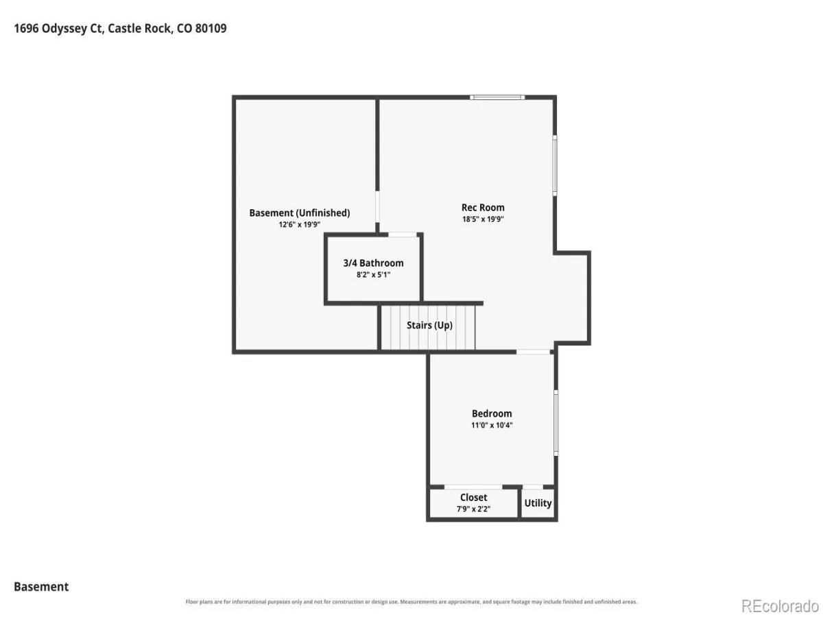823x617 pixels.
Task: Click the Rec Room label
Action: [x=483, y=208]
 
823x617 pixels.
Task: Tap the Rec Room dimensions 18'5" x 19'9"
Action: [x=483, y=219]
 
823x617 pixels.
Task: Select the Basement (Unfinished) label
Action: [x=300, y=213]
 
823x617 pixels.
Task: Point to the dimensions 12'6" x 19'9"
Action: [x=299, y=224]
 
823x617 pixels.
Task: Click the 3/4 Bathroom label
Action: [x=374, y=263]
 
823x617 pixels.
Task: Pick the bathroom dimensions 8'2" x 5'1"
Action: [x=374, y=275]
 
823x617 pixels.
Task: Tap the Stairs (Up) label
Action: [x=430, y=325]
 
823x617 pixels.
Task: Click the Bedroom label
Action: [x=492, y=413]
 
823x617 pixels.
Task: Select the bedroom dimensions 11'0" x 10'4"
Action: [x=492, y=425]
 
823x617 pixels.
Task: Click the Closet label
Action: [x=473, y=498]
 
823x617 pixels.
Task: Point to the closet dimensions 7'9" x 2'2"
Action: [x=473, y=509]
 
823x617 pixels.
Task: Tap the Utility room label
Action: [x=538, y=503]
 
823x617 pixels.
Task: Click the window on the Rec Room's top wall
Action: [x=497, y=97]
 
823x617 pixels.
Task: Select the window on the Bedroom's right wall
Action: [x=556, y=423]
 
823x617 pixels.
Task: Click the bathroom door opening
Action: [x=403, y=235]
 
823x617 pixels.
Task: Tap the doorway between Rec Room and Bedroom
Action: [x=533, y=352]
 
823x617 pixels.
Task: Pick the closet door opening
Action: [x=473, y=487]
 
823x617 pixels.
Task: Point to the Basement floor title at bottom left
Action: [x=41, y=587]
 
